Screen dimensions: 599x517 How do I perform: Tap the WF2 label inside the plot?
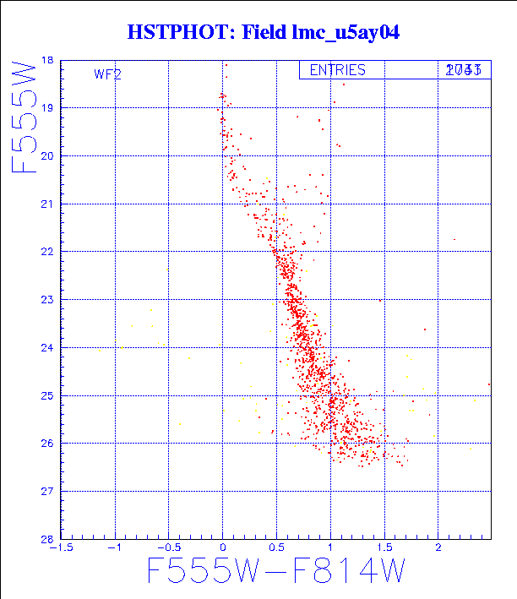[107, 74]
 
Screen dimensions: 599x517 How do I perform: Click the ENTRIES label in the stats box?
[337, 70]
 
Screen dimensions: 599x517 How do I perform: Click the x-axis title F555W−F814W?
[275, 572]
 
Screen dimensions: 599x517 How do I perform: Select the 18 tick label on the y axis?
[46, 61]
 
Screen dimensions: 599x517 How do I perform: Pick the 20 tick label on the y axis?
[46, 156]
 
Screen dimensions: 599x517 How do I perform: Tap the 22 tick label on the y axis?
[46, 252]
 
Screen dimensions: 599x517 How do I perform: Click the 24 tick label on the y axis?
[46, 347]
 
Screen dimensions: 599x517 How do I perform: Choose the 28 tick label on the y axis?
[46, 539]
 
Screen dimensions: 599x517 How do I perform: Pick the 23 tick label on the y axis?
[46, 300]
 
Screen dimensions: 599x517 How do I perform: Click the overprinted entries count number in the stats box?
[464, 70]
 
